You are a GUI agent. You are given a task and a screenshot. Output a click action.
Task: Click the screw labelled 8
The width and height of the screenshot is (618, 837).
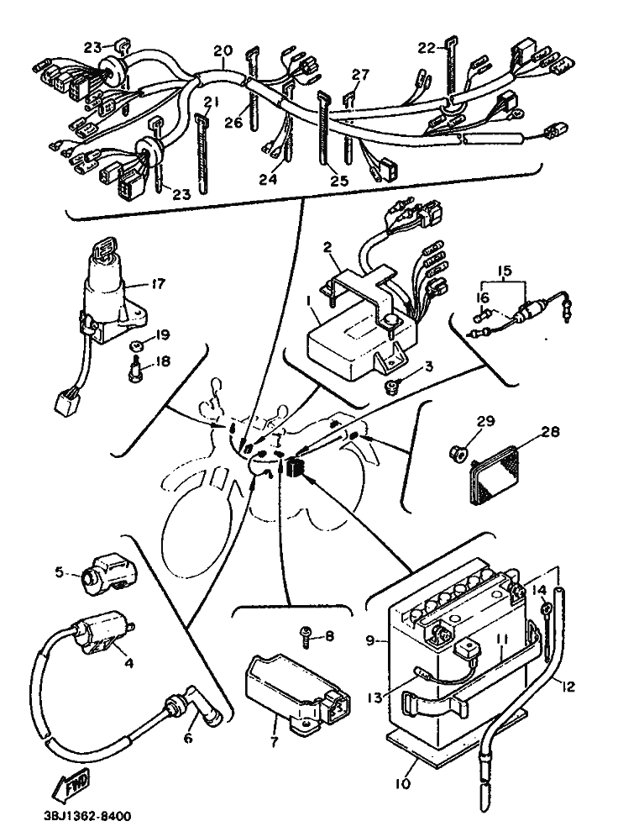pos(309,637)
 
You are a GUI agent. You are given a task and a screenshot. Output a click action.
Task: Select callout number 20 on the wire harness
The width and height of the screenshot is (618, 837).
pos(222,50)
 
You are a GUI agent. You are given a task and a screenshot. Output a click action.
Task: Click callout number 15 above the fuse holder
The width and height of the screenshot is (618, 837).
pos(504,271)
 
